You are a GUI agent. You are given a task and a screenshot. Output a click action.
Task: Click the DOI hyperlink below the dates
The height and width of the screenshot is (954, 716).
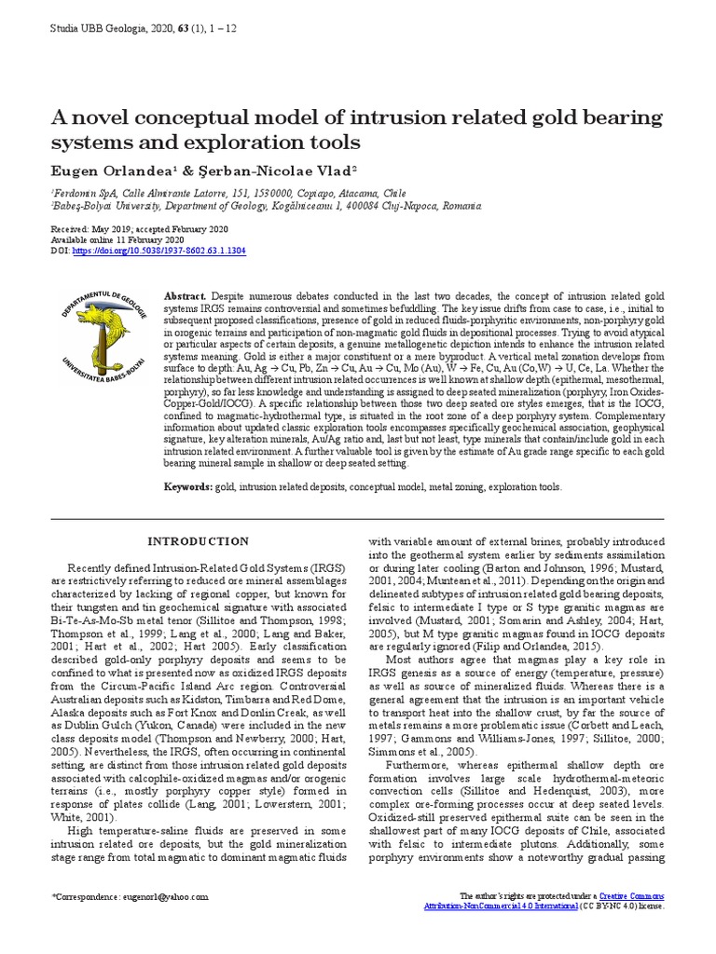(x=158, y=251)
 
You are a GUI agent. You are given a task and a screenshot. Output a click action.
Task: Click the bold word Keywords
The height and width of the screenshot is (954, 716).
(x=189, y=486)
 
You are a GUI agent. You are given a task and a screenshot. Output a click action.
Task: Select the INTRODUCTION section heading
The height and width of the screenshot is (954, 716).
(x=199, y=541)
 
